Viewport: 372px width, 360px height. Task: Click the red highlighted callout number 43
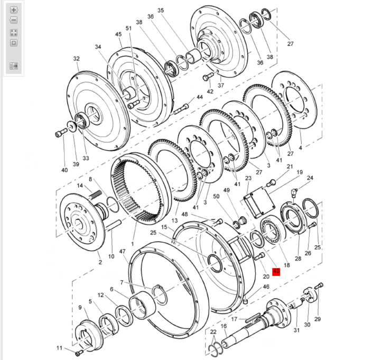[x=276, y=272]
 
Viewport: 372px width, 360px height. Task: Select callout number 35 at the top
[x=161, y=11]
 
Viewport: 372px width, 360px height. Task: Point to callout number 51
[x=128, y=28]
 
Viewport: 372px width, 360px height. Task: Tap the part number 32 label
[x=76, y=59]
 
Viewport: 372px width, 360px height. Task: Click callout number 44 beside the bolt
[x=199, y=97]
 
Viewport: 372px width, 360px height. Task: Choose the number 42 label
[x=210, y=91]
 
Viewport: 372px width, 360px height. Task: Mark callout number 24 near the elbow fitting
[x=310, y=178]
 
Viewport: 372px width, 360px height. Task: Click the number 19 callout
[x=300, y=172]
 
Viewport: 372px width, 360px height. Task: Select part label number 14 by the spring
[x=80, y=186]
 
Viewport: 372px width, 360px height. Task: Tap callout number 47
[x=123, y=252]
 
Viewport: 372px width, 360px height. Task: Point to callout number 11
[x=60, y=348]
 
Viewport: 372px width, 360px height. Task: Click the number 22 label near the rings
[x=213, y=331]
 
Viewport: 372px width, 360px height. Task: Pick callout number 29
[x=318, y=319]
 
